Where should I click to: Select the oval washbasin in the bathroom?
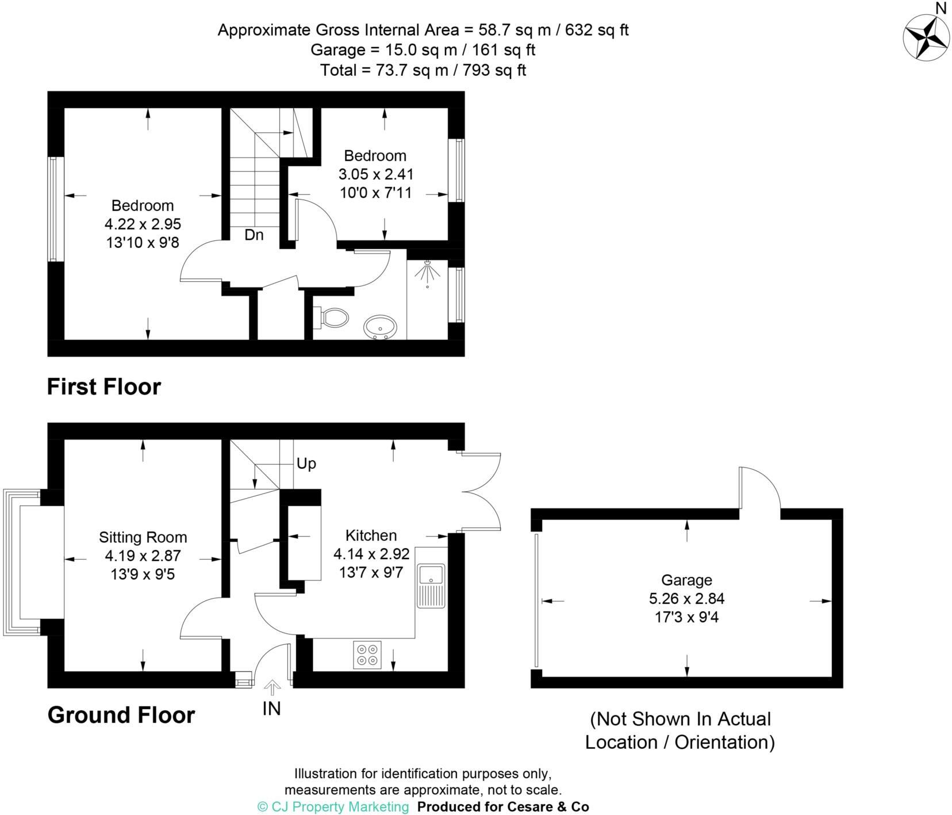tap(380, 327)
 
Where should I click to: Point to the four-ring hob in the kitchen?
tap(367, 655)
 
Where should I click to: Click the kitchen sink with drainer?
tap(431, 585)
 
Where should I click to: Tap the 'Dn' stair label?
tap(254, 235)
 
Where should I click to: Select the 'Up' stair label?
tap(306, 464)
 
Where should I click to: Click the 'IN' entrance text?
tap(271, 709)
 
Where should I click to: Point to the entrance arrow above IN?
tap(272, 687)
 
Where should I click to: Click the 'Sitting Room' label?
tap(143, 537)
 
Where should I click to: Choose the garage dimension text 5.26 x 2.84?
tap(686, 599)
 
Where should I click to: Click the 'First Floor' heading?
tap(103, 387)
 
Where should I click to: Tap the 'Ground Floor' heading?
tap(121, 715)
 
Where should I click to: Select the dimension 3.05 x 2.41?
tap(375, 174)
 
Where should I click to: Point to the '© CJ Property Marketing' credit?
tap(333, 807)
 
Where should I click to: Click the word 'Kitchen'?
tap(371, 535)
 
